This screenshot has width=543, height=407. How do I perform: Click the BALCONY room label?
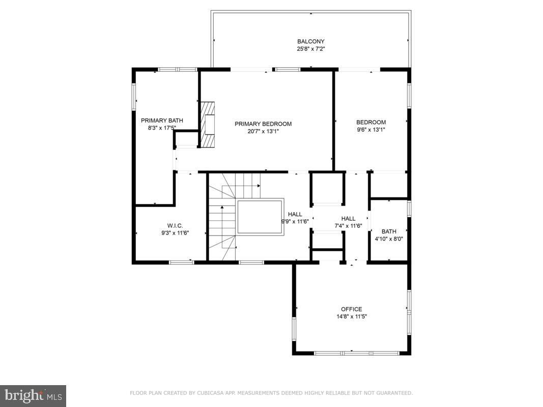point(310,42)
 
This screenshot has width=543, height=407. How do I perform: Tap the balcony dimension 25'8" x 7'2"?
point(310,49)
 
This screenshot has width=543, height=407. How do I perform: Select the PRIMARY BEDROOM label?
point(263,124)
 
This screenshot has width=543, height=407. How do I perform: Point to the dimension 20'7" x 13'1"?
point(263,132)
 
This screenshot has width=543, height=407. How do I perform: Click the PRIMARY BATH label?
point(162,121)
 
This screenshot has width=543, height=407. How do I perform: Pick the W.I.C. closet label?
point(175,226)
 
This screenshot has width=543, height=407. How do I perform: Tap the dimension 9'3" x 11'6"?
point(175,233)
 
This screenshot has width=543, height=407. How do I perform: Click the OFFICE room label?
point(352,309)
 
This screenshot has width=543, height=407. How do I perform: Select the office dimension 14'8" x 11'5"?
point(352,316)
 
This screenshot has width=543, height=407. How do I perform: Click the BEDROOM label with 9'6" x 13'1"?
point(371,122)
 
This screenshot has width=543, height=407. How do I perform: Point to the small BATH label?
point(389,231)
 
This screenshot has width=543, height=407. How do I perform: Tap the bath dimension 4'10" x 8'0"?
point(389,239)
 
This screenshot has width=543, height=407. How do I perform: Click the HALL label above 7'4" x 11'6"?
point(349,219)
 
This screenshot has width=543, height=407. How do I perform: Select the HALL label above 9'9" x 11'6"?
point(295,214)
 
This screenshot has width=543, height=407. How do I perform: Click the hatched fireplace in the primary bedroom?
point(208,125)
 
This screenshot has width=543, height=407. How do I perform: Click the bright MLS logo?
point(33,396)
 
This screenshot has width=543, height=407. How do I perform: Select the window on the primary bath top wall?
point(178,70)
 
